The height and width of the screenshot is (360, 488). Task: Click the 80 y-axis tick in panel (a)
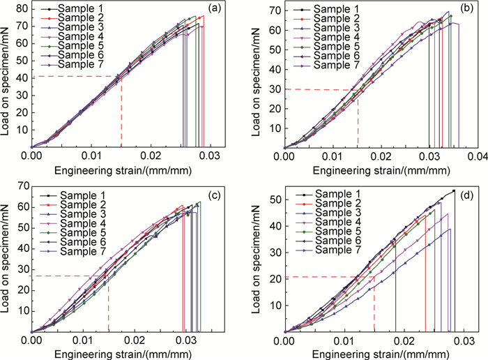22,10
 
